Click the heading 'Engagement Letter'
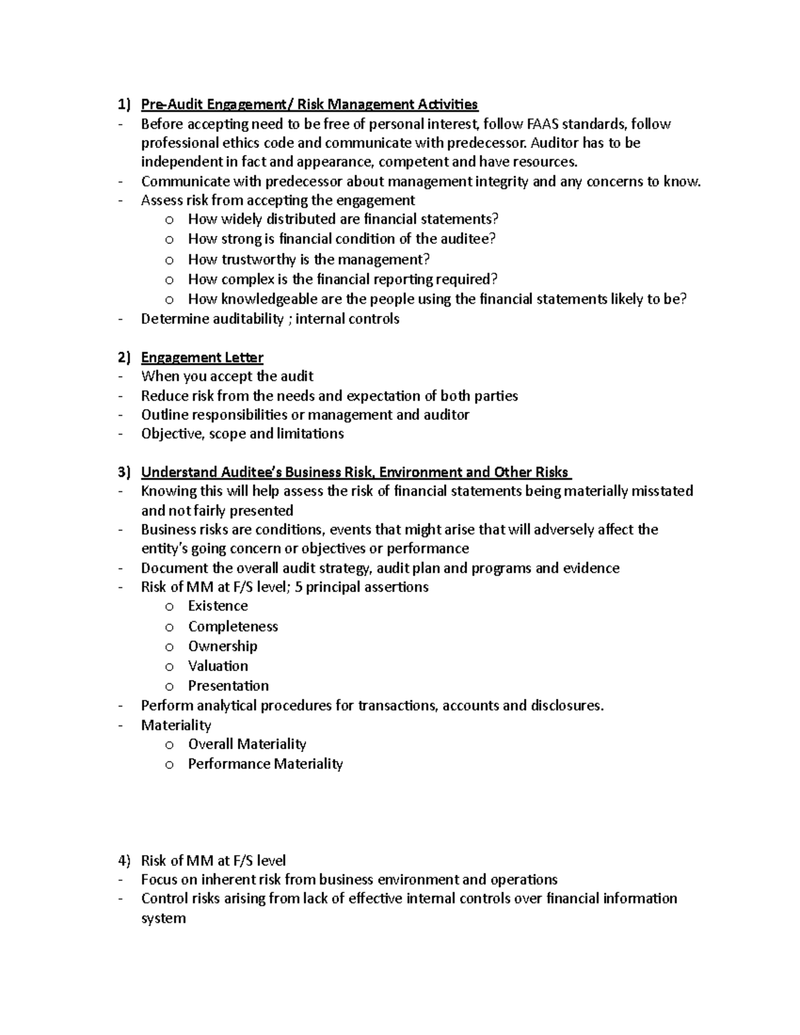click(202, 358)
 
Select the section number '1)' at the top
click(124, 105)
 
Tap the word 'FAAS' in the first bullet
click(543, 124)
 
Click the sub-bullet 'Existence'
click(218, 606)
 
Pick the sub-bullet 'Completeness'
click(233, 626)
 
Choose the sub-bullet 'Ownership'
click(223, 646)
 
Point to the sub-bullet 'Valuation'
click(218, 666)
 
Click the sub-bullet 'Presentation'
click(229, 686)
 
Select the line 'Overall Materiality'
click(247, 744)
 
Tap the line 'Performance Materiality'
click(265, 764)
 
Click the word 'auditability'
click(248, 319)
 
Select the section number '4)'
click(124, 860)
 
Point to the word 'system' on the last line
click(163, 918)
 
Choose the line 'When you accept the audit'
click(227, 377)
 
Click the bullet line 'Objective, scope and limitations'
click(243, 434)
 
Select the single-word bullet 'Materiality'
click(176, 725)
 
